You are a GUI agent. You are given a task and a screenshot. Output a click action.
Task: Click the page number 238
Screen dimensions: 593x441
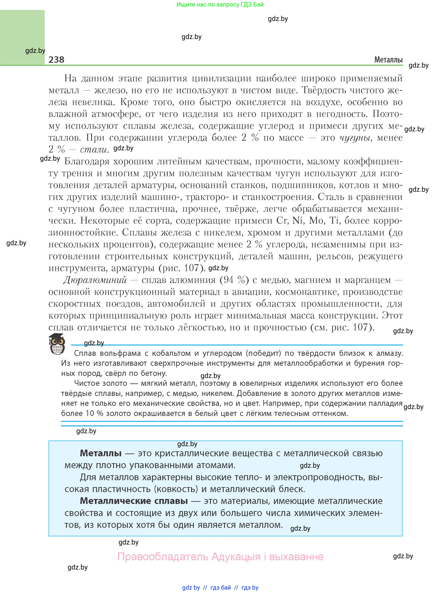pos(56,60)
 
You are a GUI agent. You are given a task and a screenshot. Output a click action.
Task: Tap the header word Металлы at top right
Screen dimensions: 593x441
pos(388,60)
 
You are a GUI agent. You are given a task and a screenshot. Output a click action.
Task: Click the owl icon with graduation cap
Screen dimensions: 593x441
pos(57,344)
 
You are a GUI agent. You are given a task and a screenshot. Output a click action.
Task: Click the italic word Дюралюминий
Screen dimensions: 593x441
pos(95,280)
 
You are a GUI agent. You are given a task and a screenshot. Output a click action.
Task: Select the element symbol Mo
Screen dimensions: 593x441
pos(316,221)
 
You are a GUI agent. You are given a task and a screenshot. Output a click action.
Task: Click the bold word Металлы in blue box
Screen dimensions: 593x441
pos(101,453)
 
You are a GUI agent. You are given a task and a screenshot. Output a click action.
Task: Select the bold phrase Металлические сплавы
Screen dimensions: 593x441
pos(134,501)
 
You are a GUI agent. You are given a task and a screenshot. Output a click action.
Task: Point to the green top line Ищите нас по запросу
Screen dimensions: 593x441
pos(220,5)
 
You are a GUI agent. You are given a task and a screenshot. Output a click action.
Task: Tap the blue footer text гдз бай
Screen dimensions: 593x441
pos(221,587)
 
